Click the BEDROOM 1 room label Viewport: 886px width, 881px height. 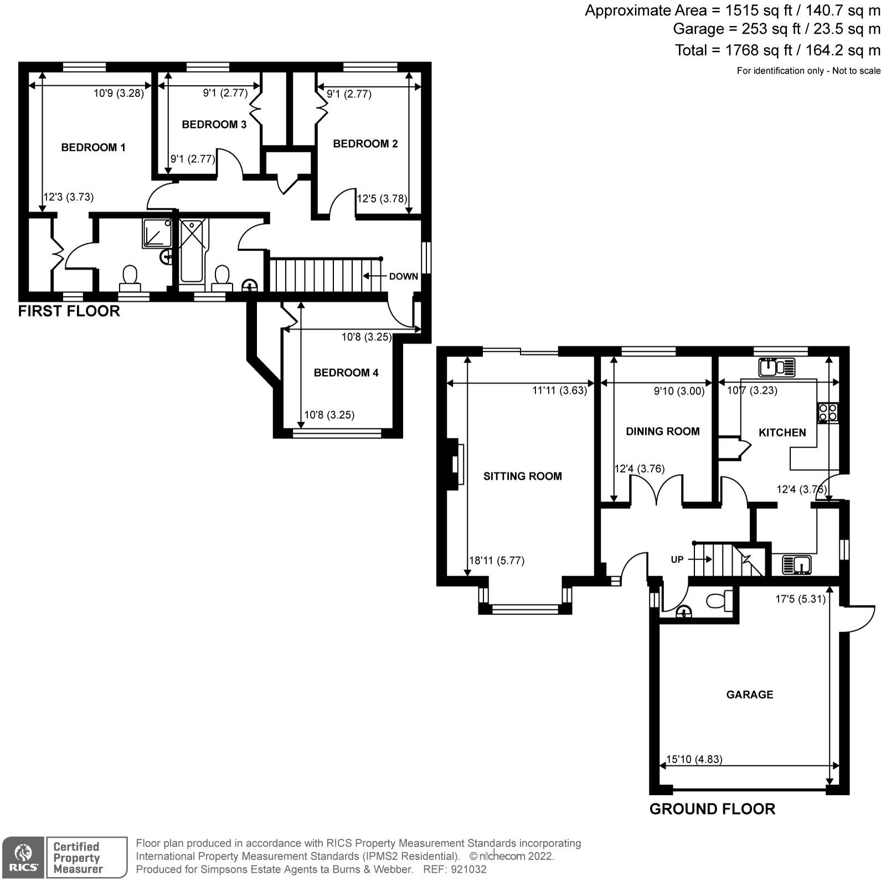[x=93, y=147]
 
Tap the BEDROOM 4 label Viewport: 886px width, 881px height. [x=346, y=372]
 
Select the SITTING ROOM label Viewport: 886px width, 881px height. [x=522, y=476]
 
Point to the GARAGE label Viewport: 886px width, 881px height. [x=749, y=694]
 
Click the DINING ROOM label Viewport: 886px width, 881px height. [x=662, y=431]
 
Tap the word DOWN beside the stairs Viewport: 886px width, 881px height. [x=403, y=276]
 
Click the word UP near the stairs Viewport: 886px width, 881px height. [x=677, y=559]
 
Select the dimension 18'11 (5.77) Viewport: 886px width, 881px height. [x=497, y=560]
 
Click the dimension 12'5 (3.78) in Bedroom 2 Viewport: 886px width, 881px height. [x=382, y=198]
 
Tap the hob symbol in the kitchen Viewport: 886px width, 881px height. [x=828, y=412]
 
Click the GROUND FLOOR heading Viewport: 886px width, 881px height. [x=712, y=809]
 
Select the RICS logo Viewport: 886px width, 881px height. [x=23, y=857]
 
